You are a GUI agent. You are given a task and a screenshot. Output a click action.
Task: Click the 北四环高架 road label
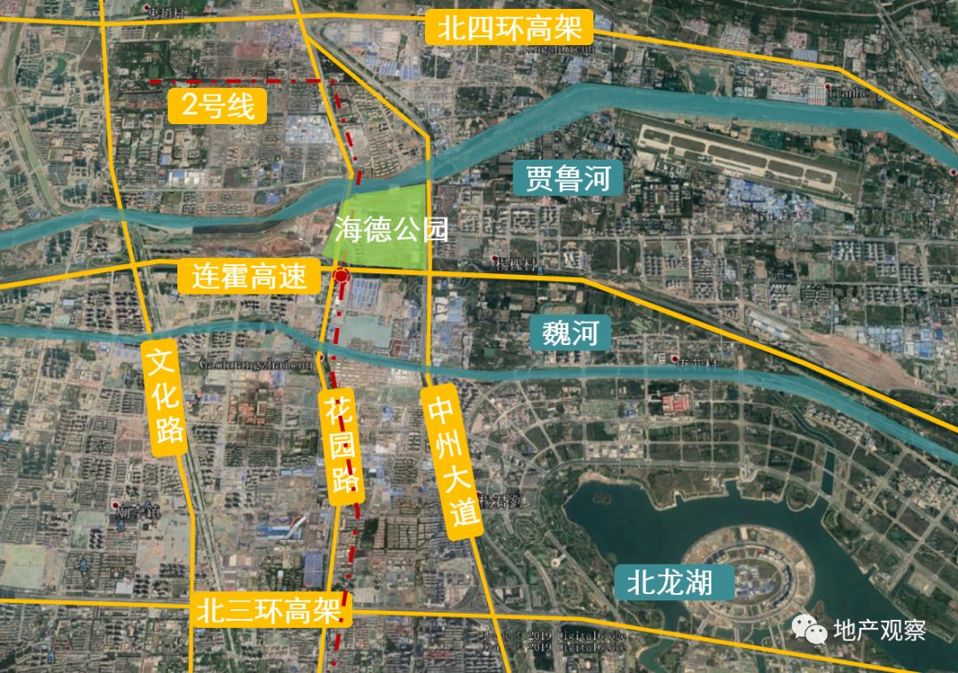[x=508, y=27]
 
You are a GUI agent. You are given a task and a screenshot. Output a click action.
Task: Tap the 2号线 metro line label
[x=217, y=106]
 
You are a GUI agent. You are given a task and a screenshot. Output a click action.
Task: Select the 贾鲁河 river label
[x=568, y=178]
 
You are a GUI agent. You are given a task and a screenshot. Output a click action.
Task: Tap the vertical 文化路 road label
[x=167, y=395]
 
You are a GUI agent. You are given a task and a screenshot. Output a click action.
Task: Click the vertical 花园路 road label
[x=342, y=446]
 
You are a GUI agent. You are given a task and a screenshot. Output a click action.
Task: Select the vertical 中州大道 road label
[x=453, y=461]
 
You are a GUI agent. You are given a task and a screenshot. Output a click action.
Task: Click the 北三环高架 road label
[x=271, y=612]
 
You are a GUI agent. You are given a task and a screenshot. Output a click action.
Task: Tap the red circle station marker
[x=342, y=278]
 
